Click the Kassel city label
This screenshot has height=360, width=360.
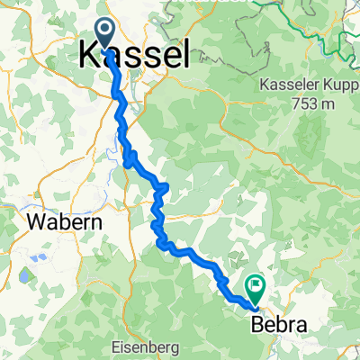(x=135, y=56)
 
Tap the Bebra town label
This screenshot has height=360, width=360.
(x=275, y=325)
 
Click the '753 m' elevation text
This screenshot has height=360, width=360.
(x=311, y=103)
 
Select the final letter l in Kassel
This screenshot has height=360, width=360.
(x=184, y=56)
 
